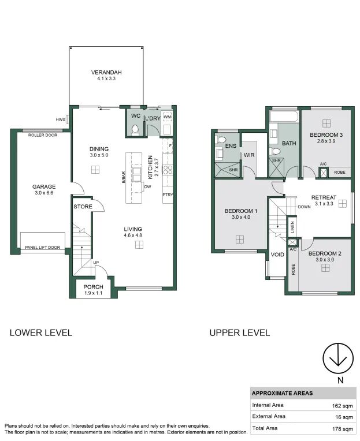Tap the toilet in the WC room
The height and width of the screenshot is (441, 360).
click(135, 130)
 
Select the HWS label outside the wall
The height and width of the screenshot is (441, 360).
click(60, 119)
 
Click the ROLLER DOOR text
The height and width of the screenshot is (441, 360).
click(43, 135)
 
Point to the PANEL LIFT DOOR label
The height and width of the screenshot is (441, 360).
click(43, 247)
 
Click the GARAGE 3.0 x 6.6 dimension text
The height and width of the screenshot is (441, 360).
click(44, 193)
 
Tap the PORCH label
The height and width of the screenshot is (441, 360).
click(93, 287)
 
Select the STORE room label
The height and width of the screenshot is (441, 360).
click(83, 207)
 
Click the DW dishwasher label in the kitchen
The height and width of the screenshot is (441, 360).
click(147, 186)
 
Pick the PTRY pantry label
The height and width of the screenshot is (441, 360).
click(168, 195)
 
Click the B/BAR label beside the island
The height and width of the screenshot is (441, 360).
click(123, 177)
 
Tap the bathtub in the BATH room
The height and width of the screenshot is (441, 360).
click(284, 117)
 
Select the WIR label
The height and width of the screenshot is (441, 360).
click(249, 155)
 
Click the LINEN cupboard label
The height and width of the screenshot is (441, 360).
click(292, 227)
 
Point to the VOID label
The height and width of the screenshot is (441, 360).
click(277, 255)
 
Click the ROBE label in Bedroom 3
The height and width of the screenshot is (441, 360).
click(339, 172)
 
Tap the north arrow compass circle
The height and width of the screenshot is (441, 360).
click(338, 358)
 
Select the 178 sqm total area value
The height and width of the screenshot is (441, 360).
click(343, 429)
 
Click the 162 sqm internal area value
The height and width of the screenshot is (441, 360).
click(342, 406)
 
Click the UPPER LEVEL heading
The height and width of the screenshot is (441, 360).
click(240, 332)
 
